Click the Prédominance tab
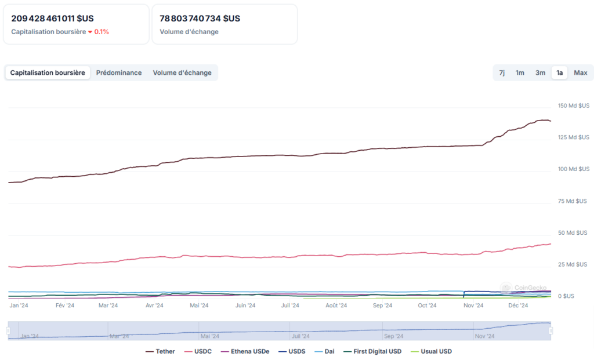[119, 72]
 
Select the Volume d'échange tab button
[182, 72]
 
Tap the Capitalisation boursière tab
[48, 72]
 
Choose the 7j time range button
[502, 72]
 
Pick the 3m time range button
[540, 72]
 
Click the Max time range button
[580, 72]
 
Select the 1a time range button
[559, 72]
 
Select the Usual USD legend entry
[431, 351]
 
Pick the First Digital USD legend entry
[372, 351]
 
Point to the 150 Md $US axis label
[573, 106]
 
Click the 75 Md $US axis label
[573, 201]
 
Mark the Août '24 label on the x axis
[336, 306]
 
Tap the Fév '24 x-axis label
[65, 306]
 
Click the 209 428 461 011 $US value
[52, 19]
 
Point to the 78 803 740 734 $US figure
[200, 19]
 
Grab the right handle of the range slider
[550, 330]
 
